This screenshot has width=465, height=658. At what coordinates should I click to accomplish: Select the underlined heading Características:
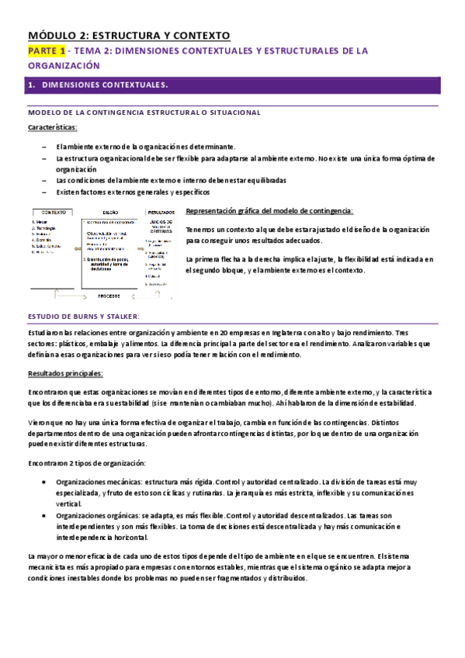point(52,127)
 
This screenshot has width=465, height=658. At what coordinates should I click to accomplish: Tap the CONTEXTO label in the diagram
point(53,210)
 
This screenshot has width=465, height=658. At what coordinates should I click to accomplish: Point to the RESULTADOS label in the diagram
point(161,210)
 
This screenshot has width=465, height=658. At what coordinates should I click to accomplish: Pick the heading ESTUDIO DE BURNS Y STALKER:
point(83,317)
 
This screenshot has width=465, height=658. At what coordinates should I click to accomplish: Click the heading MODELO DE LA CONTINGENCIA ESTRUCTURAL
point(144,113)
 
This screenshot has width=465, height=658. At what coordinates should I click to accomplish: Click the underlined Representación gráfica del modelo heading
point(269,211)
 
